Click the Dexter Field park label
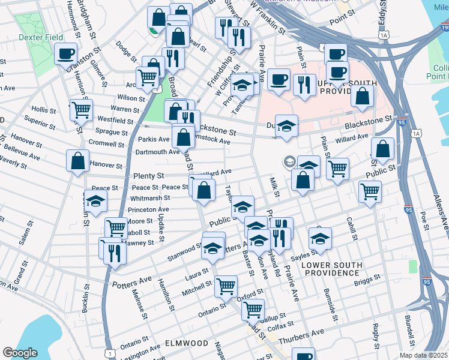(41, 37)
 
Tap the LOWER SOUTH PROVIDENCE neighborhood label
(332, 269)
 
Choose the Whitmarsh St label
(149, 198)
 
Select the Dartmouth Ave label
(159, 152)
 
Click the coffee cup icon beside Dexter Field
(65, 55)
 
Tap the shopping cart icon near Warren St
(81, 110)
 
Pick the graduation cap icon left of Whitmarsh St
(95, 202)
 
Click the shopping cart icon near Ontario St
(226, 286)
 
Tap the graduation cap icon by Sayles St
(321, 239)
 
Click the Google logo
(20, 353)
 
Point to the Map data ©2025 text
(423, 355)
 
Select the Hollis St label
(43, 110)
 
